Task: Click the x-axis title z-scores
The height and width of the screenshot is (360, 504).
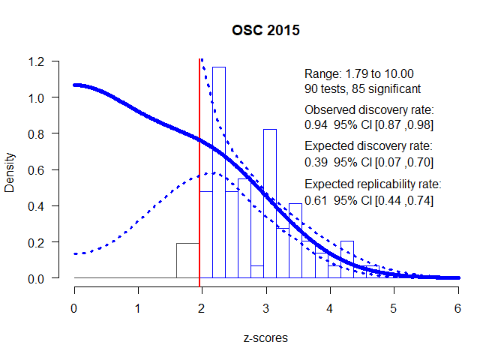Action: click(265, 337)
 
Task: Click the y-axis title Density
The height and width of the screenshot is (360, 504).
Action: click(10, 169)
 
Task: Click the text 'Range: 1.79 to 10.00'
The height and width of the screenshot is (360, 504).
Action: click(359, 74)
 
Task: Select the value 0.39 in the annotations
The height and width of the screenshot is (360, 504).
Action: click(316, 161)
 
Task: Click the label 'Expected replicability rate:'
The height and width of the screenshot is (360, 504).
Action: click(373, 183)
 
